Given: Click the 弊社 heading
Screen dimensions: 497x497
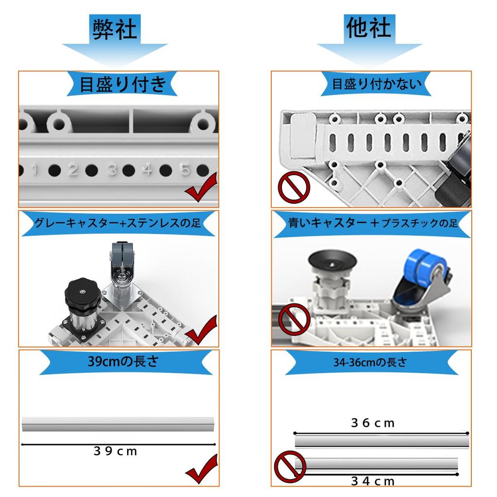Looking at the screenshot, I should [115, 29].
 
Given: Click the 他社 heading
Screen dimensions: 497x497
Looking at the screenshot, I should [369, 28].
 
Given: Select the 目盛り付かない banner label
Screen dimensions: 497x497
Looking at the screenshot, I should [377, 84].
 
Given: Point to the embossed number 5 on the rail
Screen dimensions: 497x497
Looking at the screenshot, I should [185, 170].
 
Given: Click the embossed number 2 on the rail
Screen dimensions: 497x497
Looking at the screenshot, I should [73, 170].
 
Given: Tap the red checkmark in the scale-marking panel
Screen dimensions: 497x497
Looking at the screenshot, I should [200, 191].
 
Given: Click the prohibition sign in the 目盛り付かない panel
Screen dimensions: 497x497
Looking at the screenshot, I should [294, 188].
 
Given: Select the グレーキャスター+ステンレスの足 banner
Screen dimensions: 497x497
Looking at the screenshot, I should [117, 223].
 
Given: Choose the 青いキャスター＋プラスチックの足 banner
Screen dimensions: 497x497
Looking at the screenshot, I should [372, 223].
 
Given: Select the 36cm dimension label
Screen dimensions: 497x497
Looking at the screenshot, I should [373, 423].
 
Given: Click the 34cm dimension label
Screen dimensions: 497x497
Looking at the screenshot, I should [373, 481].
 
